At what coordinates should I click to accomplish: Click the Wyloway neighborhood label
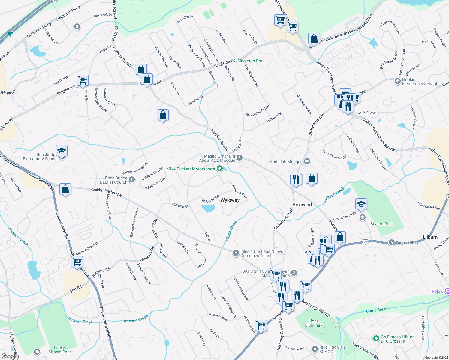click(230, 200)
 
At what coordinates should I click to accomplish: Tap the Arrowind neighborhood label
click(302, 205)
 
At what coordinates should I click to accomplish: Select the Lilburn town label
click(430, 237)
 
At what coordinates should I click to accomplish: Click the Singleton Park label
click(251, 61)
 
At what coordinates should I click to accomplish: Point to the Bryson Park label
click(381, 224)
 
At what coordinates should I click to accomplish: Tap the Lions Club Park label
click(313, 323)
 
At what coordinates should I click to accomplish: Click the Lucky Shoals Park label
click(59, 350)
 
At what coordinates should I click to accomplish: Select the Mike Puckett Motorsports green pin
click(220, 169)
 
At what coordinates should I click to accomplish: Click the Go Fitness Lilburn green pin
click(376, 339)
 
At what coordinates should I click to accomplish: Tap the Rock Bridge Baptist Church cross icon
click(131, 180)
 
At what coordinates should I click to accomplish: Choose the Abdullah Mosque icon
click(307, 162)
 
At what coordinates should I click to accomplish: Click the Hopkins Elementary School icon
click(397, 81)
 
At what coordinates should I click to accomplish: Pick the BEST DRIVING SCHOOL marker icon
click(315, 349)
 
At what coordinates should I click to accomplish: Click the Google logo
click(10, 356)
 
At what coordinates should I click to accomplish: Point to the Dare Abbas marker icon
click(391, 243)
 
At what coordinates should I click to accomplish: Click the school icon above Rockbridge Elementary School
click(62, 151)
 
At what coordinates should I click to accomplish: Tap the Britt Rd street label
click(75, 289)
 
